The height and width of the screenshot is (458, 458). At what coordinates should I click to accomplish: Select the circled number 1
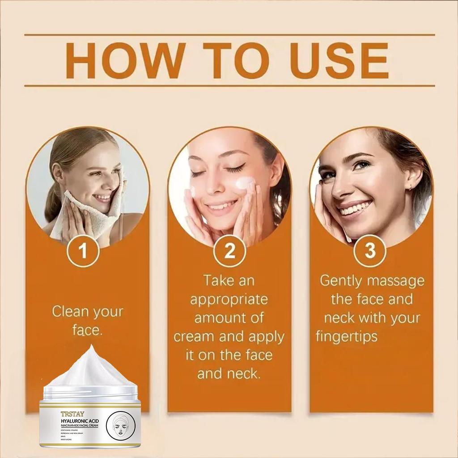tap(83, 251)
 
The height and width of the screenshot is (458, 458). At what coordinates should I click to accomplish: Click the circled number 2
tap(229, 251)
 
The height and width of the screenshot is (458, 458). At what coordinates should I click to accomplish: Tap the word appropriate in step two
tap(229, 299)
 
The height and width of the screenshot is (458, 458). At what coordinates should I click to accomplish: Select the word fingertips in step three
tap(347, 336)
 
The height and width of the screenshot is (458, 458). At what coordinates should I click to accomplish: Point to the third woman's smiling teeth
tap(355, 208)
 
